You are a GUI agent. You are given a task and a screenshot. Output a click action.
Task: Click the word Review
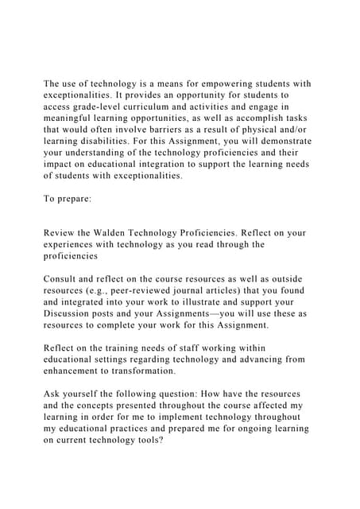(61, 233)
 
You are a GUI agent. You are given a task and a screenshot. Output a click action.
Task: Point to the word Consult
(65, 279)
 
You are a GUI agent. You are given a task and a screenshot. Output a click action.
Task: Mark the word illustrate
(214, 302)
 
